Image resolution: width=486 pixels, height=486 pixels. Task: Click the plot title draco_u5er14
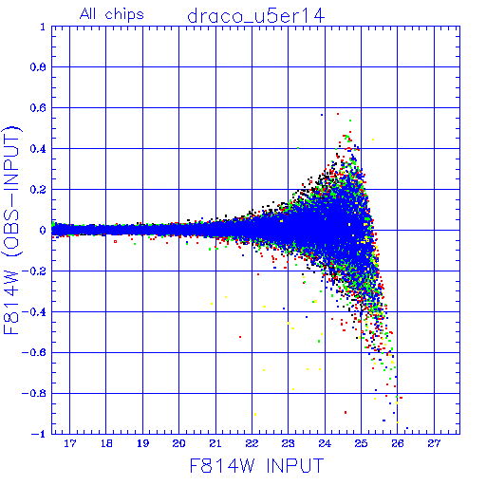256,16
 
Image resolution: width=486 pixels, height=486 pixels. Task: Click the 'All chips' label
112,14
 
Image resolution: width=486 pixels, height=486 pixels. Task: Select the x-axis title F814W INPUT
256,465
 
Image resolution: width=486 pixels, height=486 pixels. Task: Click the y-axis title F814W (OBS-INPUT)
12,230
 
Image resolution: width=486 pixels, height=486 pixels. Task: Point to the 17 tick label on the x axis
70,443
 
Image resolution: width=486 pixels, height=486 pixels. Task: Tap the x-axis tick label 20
179,443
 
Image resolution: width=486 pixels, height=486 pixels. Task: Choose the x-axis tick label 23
289,443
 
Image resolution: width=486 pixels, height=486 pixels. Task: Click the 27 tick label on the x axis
434,443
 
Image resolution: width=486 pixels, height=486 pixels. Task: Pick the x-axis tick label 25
361,443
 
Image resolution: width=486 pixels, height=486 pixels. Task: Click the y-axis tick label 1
43,27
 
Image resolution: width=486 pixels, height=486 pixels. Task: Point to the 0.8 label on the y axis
38,67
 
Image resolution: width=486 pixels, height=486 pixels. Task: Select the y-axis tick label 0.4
38,149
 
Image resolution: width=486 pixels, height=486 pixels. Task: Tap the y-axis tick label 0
43,231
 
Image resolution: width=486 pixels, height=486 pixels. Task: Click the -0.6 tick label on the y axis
34,352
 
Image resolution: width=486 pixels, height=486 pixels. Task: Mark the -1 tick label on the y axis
39,434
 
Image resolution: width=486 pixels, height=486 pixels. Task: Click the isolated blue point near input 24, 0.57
322,115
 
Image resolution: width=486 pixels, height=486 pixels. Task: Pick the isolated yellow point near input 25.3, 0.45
373,140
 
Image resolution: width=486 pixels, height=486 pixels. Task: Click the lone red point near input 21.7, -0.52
240,337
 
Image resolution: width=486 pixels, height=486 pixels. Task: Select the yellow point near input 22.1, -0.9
255,414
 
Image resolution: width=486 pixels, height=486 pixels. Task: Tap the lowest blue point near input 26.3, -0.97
407,428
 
